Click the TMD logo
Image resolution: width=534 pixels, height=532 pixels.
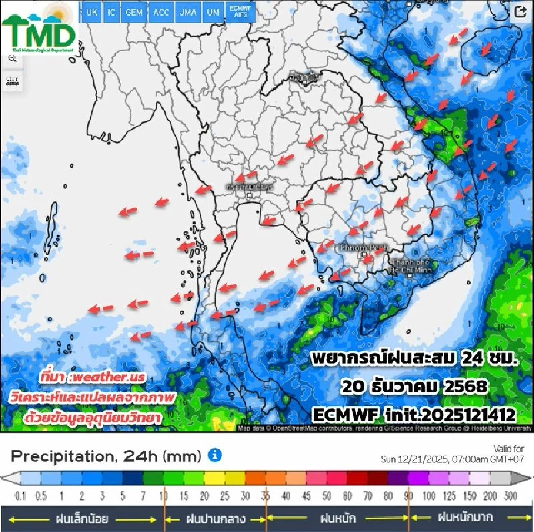pos(38,31)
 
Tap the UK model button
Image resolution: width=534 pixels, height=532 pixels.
pos(91,12)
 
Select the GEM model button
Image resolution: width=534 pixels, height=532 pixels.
pos(133,12)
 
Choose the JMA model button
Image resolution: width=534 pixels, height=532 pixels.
pos(188,12)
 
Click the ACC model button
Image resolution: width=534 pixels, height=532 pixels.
pos(161,12)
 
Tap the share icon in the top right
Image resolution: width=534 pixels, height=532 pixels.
pos(520,12)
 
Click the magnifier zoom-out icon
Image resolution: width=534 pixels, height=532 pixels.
pos(12,58)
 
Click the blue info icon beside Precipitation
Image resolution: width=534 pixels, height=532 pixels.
pos(215,456)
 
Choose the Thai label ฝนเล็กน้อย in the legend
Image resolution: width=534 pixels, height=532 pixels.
pos(81,519)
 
